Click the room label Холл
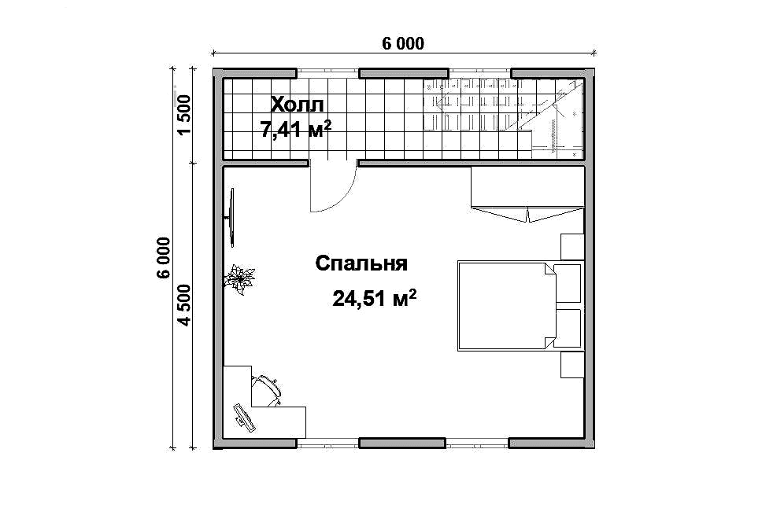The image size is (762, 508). click(297, 105)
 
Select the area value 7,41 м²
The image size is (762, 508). click(296, 130)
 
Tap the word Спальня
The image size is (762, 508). click(361, 264)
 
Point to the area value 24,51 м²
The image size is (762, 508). click(374, 299)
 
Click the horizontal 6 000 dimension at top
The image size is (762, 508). click(403, 44)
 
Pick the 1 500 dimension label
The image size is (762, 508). click(185, 116)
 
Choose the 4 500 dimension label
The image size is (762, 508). click(185, 305)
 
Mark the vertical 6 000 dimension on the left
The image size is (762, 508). click(165, 258)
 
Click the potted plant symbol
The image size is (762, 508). click(239, 280)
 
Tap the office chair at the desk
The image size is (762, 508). click(266, 390)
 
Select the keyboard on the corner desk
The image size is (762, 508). click(244, 417)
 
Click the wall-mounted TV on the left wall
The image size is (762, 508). click(231, 218)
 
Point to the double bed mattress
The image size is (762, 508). click(506, 306)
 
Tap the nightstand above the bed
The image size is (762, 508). click(572, 247)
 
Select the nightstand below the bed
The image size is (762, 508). click(572, 365)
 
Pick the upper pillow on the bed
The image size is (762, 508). click(568, 283)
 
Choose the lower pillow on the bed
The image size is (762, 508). click(568, 328)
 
